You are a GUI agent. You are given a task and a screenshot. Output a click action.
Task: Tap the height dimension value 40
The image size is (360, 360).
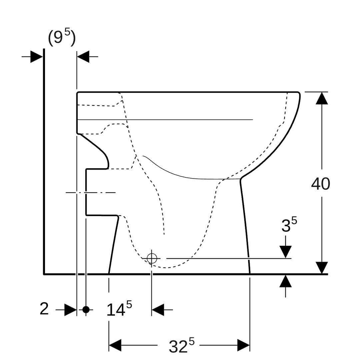pyautogui.click(x=321, y=184)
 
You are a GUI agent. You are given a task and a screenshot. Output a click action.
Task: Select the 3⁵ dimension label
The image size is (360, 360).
pyautogui.click(x=289, y=224)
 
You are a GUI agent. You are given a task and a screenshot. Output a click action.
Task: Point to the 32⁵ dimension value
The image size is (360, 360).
pyautogui.click(x=181, y=345)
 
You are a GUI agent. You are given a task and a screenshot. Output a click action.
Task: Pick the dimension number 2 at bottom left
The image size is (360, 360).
pyautogui.click(x=44, y=309)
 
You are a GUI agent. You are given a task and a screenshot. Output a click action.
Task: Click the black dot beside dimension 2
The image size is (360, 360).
pyautogui.click(x=86, y=310)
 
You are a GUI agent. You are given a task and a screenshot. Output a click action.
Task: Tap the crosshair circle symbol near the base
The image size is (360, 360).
pyautogui.click(x=152, y=259)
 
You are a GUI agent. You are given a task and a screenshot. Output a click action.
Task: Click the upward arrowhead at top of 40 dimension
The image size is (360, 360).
pyautogui.click(x=322, y=98)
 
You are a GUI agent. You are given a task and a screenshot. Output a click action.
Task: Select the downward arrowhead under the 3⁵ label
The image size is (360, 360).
pyautogui.click(x=286, y=252)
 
